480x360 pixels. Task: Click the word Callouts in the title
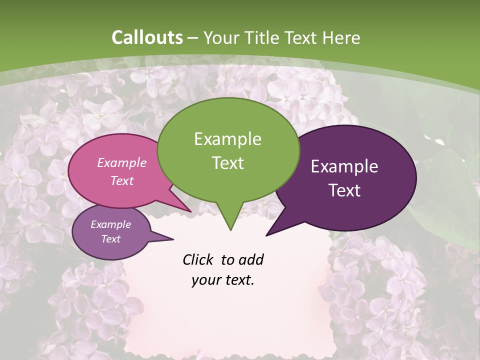pos(147,38)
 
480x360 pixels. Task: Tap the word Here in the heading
pos(341,38)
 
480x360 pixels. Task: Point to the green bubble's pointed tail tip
pos(230,230)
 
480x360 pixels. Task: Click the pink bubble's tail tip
pos(191,211)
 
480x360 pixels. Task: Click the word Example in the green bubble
pos(227,139)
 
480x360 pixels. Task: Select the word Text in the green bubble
pos(227,163)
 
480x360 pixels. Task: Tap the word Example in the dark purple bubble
pos(344,166)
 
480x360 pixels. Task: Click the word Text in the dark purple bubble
pos(344,190)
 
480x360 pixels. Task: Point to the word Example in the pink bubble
pos(122,162)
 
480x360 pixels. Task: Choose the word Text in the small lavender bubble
pos(111,239)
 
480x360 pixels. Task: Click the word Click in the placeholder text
pos(198,259)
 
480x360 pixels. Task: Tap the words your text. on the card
pos(223,280)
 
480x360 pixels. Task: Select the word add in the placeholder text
pos(251,259)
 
